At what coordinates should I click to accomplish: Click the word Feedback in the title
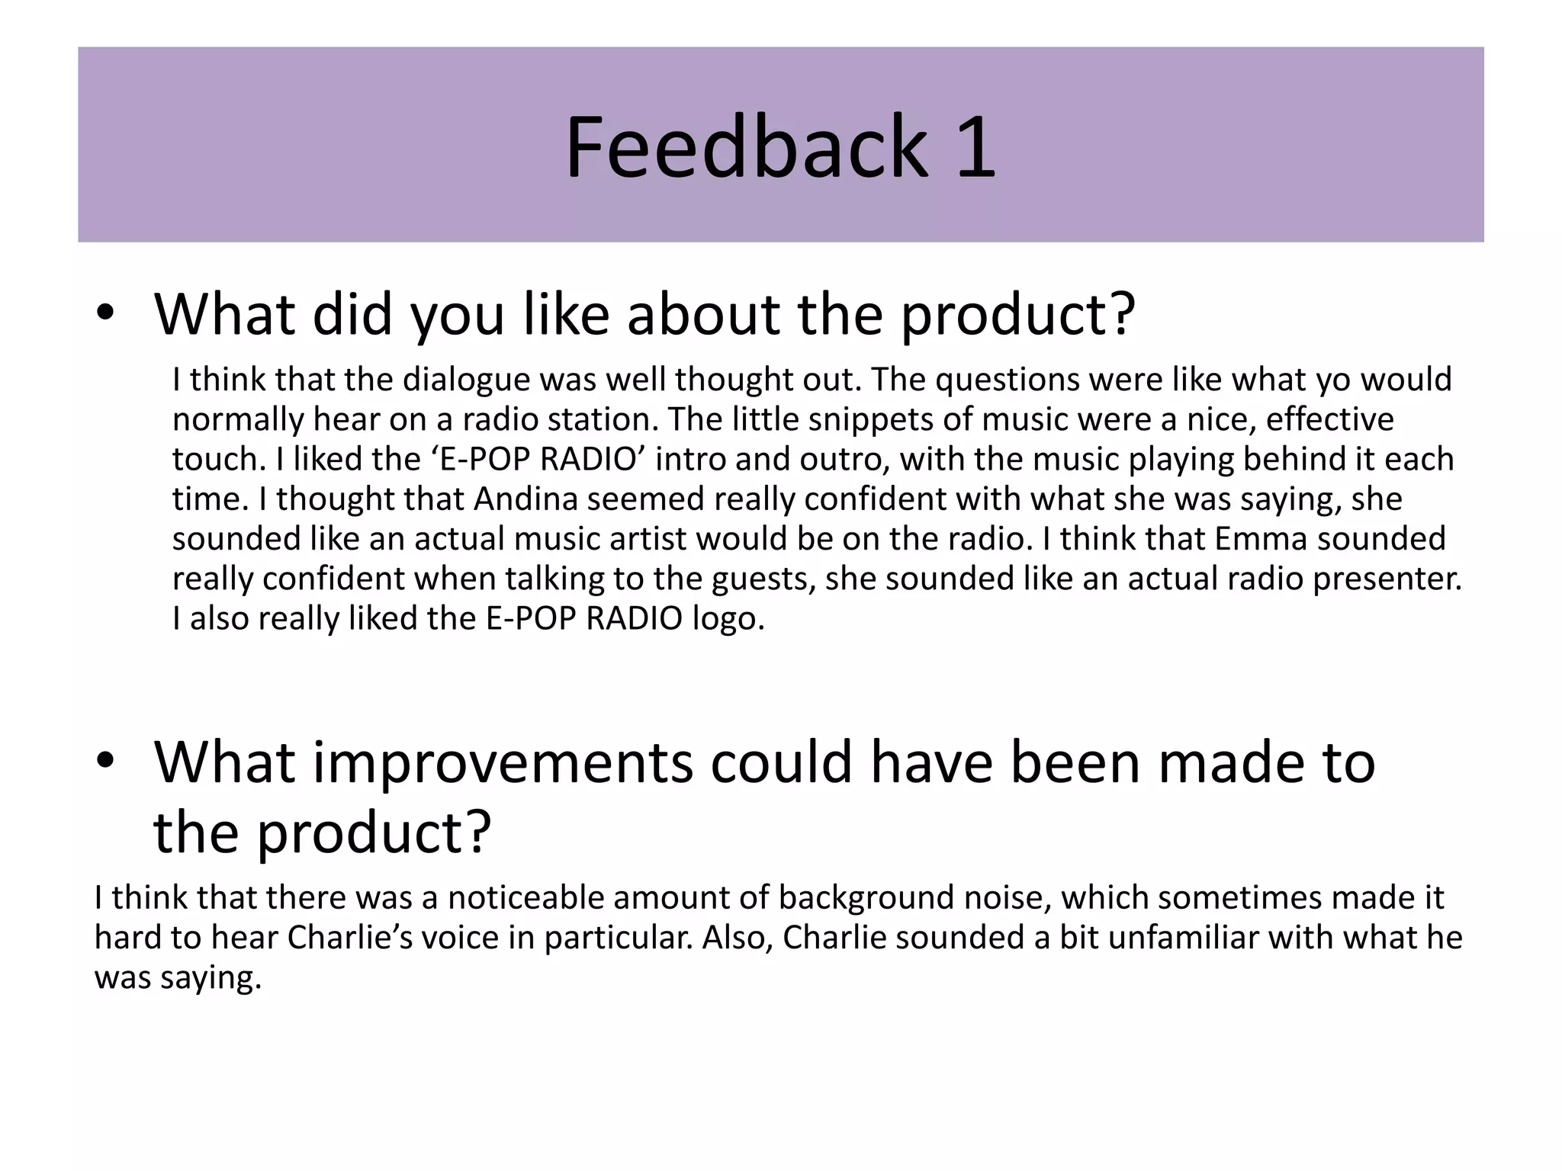click(746, 146)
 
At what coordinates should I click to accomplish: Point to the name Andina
click(525, 499)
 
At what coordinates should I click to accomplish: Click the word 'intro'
click(683, 460)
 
